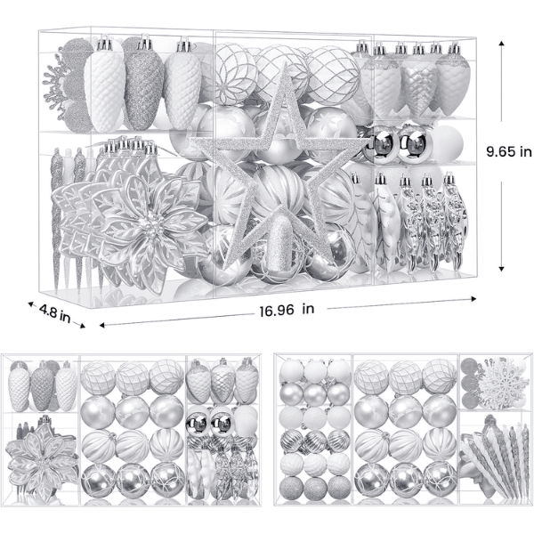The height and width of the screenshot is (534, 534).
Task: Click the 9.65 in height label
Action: [509, 151]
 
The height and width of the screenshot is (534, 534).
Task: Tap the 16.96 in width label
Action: [287, 310]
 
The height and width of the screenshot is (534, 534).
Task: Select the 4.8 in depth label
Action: [54, 313]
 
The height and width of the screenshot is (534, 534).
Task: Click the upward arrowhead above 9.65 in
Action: [501, 44]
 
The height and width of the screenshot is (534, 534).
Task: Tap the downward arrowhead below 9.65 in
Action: [501, 269]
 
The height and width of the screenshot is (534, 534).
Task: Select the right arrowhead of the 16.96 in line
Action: [473, 299]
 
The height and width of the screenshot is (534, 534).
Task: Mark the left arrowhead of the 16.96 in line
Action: [102, 325]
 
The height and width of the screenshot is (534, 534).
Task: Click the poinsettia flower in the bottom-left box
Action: [43, 458]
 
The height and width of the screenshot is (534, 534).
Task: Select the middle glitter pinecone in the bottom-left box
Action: [42, 386]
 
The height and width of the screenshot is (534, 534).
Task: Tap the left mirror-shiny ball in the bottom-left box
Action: [197, 424]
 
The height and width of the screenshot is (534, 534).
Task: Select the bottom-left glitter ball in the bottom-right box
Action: [291, 488]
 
